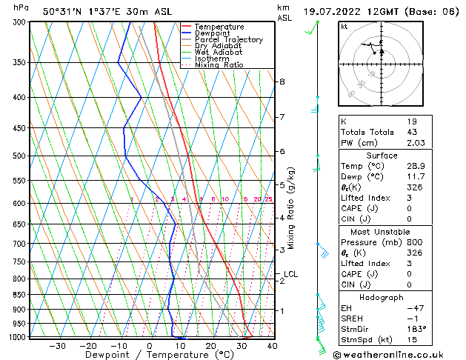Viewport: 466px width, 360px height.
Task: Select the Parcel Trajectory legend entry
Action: [228, 40]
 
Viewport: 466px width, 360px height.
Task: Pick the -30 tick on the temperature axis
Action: [57, 346]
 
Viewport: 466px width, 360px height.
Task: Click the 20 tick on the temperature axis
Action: [210, 346]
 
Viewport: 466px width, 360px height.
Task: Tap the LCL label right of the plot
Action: [290, 274]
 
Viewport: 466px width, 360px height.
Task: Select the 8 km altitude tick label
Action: [282, 81]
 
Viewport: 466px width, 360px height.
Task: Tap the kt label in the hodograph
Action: [344, 27]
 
